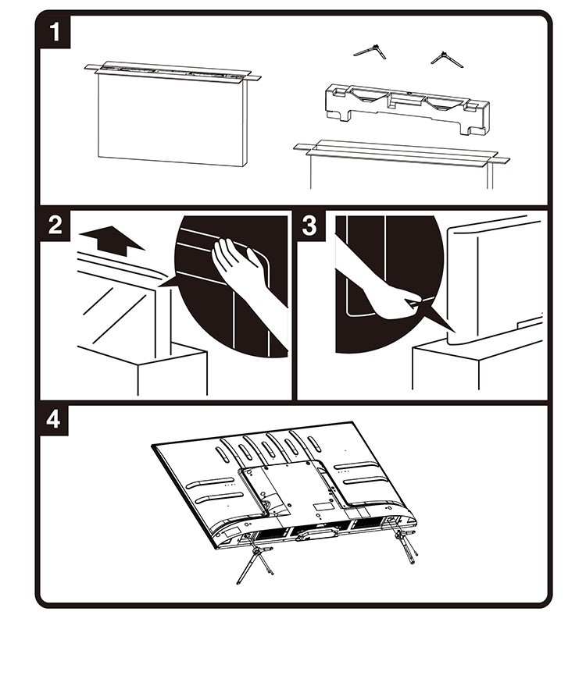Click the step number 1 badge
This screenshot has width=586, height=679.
point(55,32)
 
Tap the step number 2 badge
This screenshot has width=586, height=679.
point(55,226)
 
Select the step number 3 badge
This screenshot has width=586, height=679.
point(309,226)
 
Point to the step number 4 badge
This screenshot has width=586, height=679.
point(54,420)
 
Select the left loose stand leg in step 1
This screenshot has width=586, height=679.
point(370,52)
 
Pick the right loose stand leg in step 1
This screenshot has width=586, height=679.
point(446,59)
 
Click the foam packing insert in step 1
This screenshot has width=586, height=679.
point(406,108)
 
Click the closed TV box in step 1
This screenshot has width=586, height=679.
point(173,113)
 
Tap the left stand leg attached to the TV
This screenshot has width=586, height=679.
point(255,558)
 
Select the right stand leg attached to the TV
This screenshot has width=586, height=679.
point(405,539)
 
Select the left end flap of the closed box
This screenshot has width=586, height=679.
point(92,67)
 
